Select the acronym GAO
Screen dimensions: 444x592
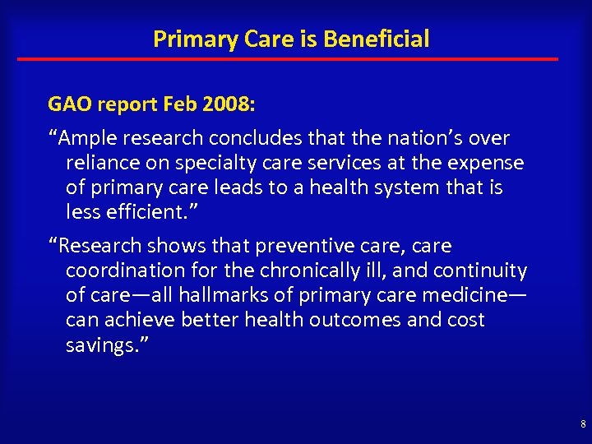point(71,104)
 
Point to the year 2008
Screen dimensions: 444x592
point(227,104)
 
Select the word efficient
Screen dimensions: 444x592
point(144,212)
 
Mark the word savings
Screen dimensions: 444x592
point(98,345)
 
